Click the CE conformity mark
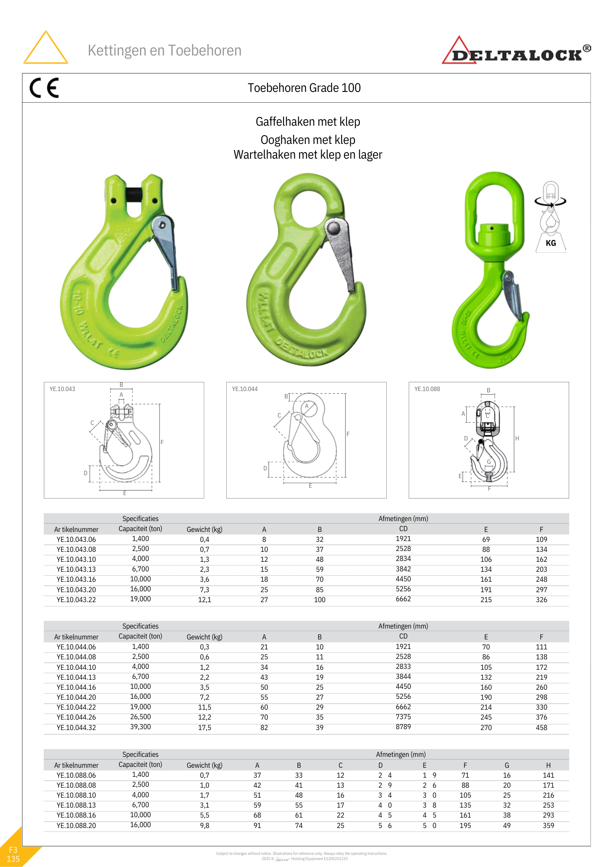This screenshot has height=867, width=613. (44, 88)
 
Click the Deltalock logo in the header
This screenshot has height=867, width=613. (516, 51)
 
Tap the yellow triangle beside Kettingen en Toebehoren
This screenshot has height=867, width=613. (46, 48)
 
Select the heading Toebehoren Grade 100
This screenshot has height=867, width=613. (304, 88)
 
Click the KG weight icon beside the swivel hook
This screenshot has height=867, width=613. (551, 217)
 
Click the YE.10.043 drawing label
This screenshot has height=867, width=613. (62, 389)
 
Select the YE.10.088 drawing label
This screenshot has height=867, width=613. (427, 389)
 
